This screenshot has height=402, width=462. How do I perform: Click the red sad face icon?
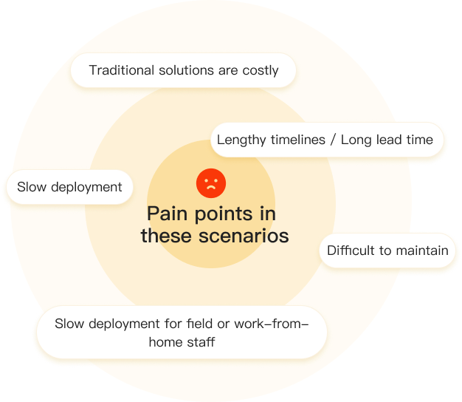[211, 183]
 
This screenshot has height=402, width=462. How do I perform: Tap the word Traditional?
[122, 70]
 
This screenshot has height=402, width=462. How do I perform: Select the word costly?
[261, 71]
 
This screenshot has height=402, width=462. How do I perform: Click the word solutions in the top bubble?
[186, 70]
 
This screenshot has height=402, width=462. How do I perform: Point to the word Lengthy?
[241, 140]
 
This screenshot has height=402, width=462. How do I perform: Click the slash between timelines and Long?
[333, 140]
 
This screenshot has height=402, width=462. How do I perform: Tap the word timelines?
[298, 140]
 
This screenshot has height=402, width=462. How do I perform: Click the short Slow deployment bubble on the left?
[70, 187]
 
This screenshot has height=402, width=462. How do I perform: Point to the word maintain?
[422, 251]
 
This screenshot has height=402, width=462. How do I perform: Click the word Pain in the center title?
[167, 214]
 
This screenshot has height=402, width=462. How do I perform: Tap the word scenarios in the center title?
[244, 236]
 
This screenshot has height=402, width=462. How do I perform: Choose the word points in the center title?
[224, 214]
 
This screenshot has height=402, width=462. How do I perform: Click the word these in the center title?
[166, 236]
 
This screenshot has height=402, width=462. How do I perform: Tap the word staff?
[201, 342]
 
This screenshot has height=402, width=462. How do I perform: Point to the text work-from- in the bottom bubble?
[272, 324]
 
